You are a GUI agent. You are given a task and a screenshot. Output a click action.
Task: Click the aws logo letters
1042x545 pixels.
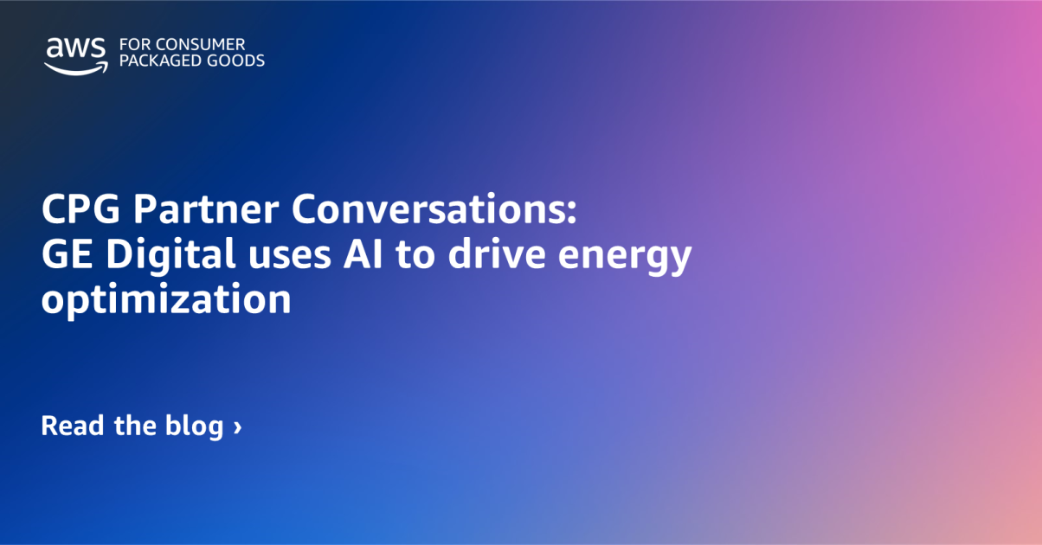75,48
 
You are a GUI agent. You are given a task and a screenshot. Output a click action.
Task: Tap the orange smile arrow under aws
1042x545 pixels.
76,67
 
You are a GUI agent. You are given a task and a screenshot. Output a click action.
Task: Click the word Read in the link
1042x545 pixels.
73,426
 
